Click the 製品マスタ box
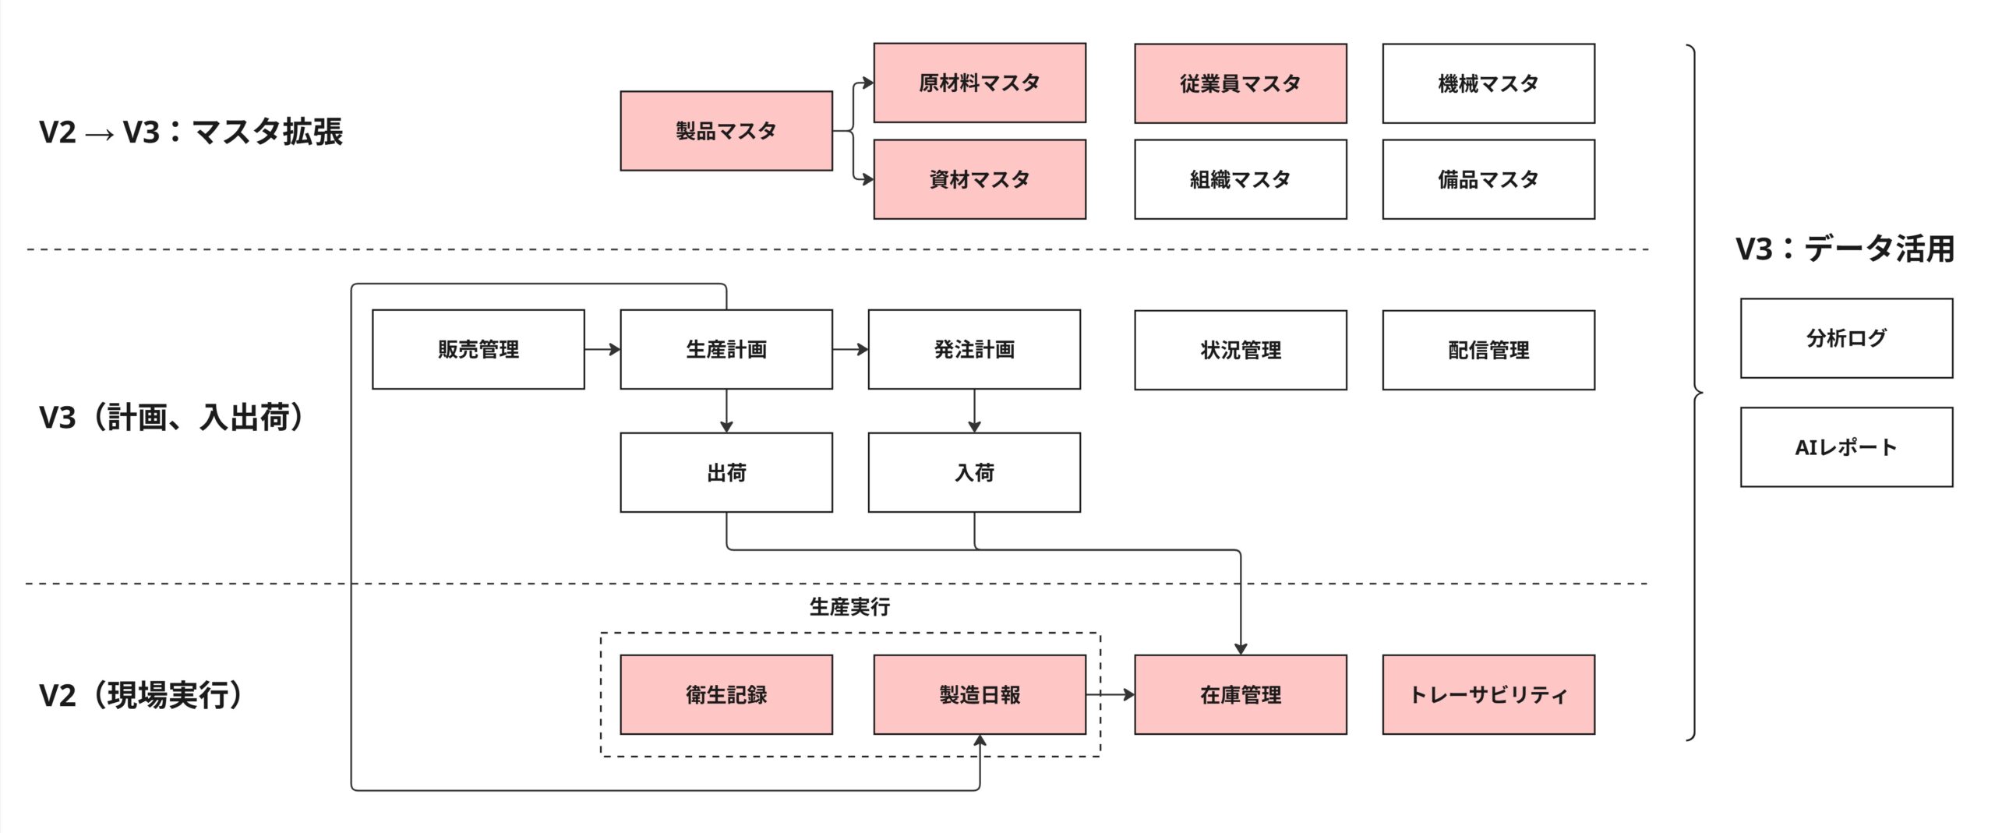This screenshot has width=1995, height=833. (726, 131)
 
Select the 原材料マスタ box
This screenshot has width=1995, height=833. (979, 83)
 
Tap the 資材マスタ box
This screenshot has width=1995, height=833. (979, 179)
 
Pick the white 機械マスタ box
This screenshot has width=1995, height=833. (1488, 83)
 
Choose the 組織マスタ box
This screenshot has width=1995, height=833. (1240, 179)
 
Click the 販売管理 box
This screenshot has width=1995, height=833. (478, 349)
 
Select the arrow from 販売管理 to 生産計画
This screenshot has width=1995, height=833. (602, 349)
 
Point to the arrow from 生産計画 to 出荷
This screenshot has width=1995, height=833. (726, 411)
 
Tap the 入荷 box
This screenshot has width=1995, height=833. (974, 472)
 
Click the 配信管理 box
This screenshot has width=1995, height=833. (1488, 350)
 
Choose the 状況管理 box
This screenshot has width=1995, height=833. (1240, 350)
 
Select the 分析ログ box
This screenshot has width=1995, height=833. (1845, 338)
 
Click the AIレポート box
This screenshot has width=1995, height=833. (1845, 447)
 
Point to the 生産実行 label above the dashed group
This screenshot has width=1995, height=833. (849, 606)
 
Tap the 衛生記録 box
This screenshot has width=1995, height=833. (726, 694)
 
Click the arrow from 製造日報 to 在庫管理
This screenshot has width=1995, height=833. (1110, 694)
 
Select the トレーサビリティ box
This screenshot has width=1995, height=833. (1488, 694)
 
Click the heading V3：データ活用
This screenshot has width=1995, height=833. (1845, 249)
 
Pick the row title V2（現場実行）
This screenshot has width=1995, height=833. (140, 694)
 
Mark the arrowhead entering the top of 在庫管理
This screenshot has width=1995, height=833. (1241, 648)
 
